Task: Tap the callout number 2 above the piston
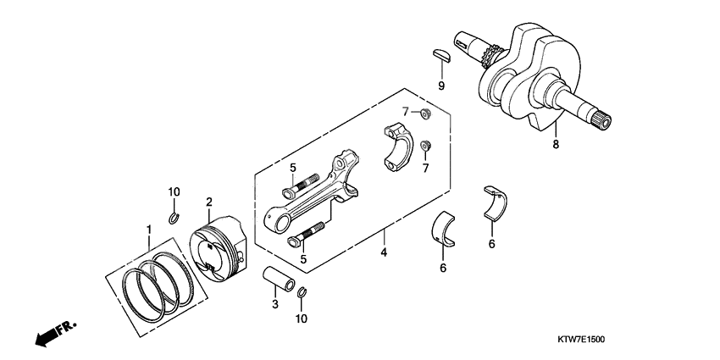[x=208, y=202]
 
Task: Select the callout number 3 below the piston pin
[x=274, y=303]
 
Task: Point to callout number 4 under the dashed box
[x=383, y=252]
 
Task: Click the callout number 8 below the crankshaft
[x=556, y=145]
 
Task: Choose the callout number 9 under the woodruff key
[x=441, y=86]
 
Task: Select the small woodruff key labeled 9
[x=440, y=55]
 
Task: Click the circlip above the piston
[x=173, y=220]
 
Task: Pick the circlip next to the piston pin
[x=302, y=294]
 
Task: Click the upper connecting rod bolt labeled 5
[x=302, y=182]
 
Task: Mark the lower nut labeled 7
[x=426, y=145]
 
